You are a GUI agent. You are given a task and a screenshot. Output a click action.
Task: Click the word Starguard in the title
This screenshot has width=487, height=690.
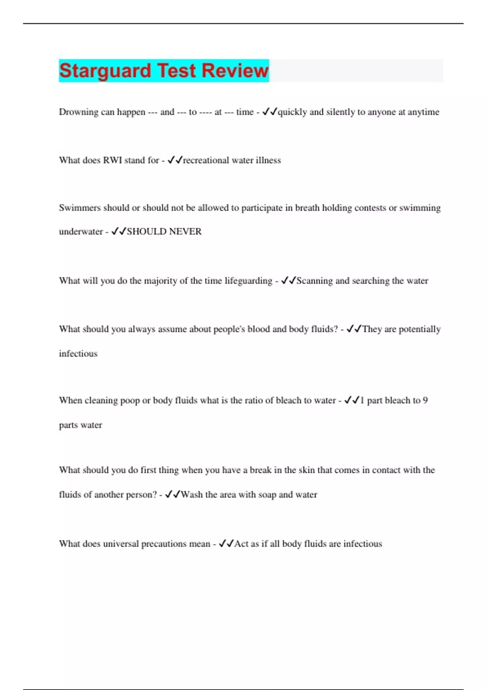(x=105, y=71)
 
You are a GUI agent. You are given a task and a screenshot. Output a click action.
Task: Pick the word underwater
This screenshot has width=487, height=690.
(x=81, y=232)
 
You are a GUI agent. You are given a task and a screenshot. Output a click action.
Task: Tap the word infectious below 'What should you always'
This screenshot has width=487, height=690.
(x=78, y=354)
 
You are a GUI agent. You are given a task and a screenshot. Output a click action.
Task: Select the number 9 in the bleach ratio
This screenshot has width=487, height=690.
(x=425, y=401)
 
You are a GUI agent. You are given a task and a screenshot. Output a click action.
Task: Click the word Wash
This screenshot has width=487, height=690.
(x=192, y=495)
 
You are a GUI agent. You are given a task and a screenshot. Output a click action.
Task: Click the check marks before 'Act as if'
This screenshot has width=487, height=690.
(x=226, y=543)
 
